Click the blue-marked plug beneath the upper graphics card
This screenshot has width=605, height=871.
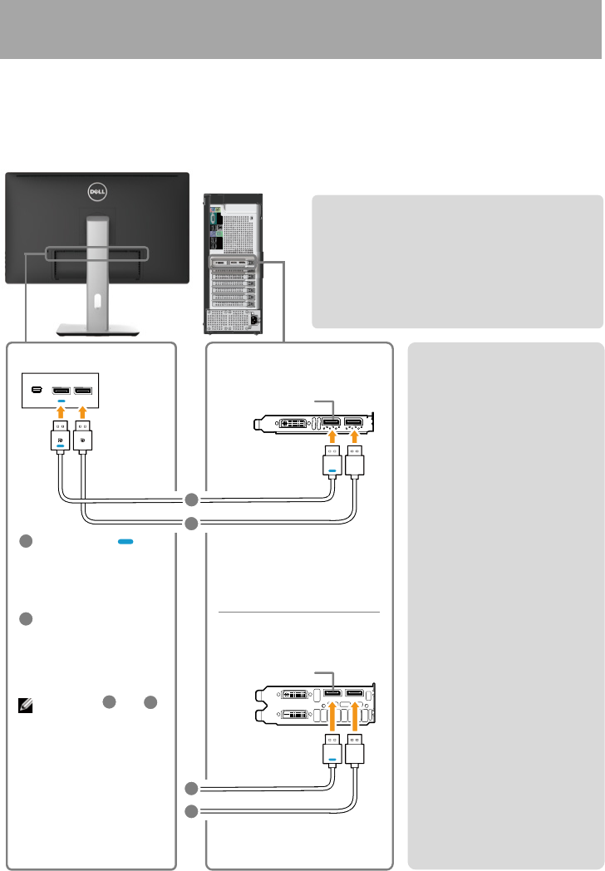(332, 460)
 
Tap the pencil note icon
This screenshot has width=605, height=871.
(25, 706)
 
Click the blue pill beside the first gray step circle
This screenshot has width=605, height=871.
(125, 541)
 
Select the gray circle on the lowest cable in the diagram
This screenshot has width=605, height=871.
(192, 810)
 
